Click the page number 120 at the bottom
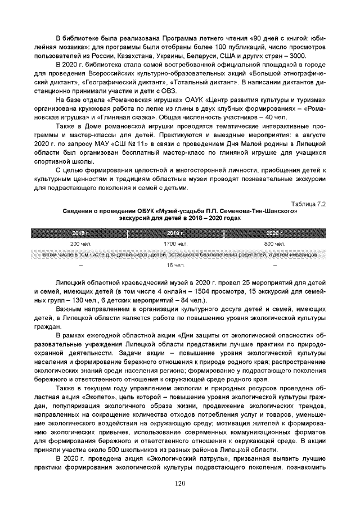(x=180, y=483)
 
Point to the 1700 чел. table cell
(x=178, y=244)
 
